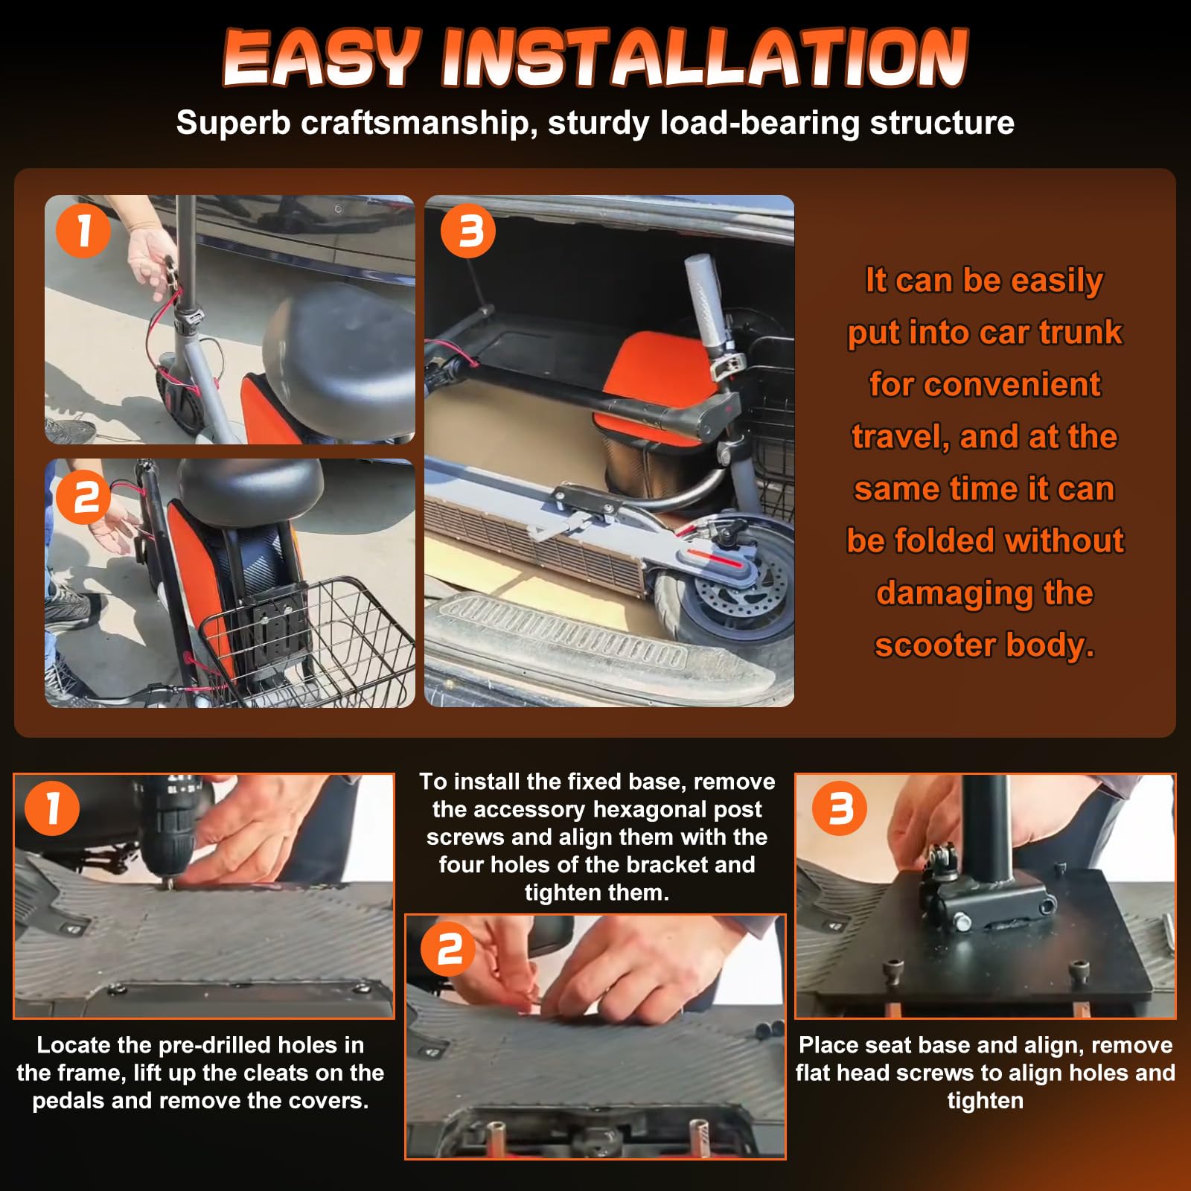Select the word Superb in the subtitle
click(x=233, y=124)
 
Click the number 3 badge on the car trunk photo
click(x=468, y=231)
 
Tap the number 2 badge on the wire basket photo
click(x=83, y=497)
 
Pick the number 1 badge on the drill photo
click(x=52, y=808)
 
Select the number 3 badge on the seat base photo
click(x=840, y=808)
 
